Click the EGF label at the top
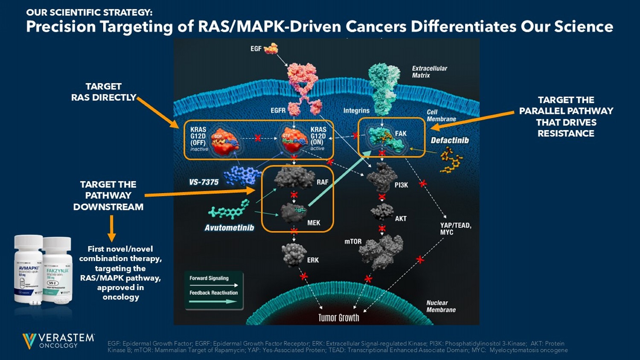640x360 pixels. [x=256, y=49]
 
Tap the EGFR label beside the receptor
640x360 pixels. [x=278, y=110]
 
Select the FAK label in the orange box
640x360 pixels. [x=401, y=134]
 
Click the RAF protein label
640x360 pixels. [x=322, y=182]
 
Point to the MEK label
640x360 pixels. [x=314, y=223]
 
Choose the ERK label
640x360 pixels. [x=313, y=260]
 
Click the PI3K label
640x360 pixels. [x=401, y=185]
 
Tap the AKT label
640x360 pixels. [x=401, y=218]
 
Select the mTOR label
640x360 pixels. [x=353, y=241]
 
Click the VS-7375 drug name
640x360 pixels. [x=204, y=182]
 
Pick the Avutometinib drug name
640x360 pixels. [x=229, y=228]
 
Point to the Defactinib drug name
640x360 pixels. [x=450, y=140]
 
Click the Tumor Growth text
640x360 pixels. [x=339, y=317]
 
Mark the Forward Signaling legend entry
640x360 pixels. [x=209, y=278]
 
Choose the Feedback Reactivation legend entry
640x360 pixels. [x=213, y=293]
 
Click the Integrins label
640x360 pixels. [x=356, y=110]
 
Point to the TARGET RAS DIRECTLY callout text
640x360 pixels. [x=104, y=92]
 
